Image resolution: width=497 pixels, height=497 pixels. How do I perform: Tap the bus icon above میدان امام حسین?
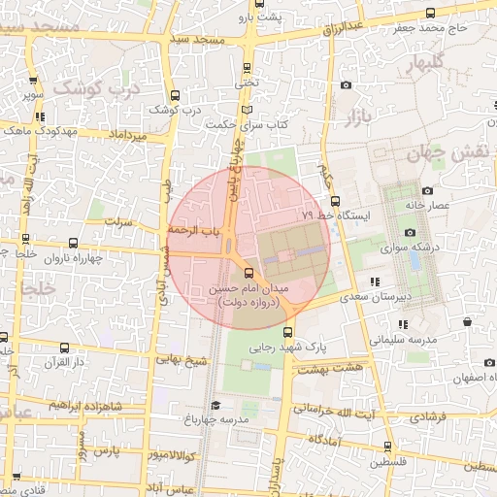pyautogui.click(x=248, y=273)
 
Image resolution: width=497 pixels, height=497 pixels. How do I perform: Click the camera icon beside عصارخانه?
pyautogui.click(x=428, y=190)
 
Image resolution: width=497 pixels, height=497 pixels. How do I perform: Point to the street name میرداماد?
pyautogui.click(x=128, y=135)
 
